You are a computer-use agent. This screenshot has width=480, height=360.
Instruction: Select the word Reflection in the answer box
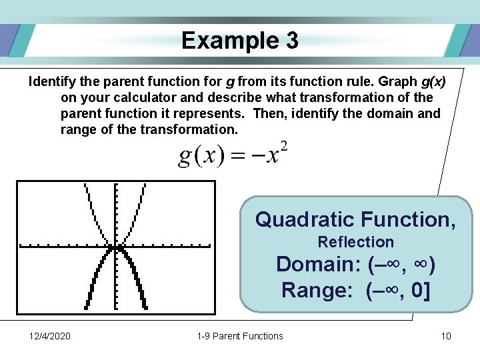[355, 242]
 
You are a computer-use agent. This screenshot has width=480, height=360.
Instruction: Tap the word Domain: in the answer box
[318, 264]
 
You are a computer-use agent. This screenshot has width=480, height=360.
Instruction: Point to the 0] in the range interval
[417, 290]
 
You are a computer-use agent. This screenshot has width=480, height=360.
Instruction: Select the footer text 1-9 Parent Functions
[240, 336]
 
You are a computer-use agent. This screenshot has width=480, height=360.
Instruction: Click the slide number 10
[446, 336]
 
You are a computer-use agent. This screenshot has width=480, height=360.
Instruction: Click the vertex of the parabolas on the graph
[115, 248]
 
